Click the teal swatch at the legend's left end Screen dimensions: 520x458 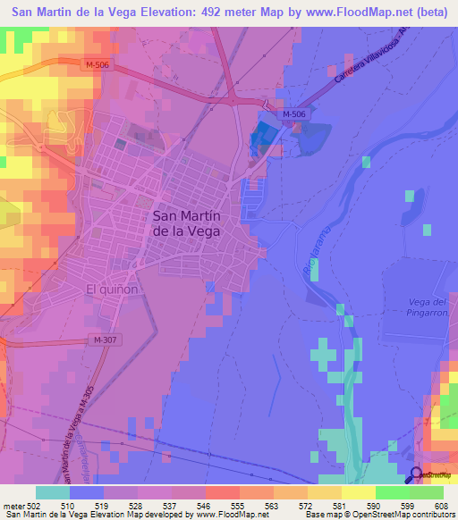(x=53, y=492)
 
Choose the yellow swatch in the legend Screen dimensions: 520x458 (x=359, y=492)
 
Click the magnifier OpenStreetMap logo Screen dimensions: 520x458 (x=416, y=475)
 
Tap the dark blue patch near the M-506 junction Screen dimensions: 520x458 (x=264, y=137)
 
